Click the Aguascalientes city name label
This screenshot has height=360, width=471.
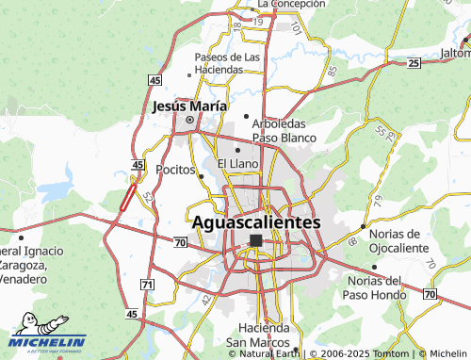click(255, 222)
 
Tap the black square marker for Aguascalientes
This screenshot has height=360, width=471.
click(256, 241)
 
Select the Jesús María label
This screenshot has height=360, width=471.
click(188, 106)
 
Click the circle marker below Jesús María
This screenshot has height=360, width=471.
click(189, 121)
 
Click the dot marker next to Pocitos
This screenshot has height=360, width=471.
click(201, 174)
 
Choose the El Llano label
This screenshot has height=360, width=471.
click(237, 163)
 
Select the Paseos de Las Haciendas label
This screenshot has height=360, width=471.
click(226, 63)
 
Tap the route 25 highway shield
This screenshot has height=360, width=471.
click(414, 63)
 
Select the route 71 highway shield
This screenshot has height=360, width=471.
click(146, 284)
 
